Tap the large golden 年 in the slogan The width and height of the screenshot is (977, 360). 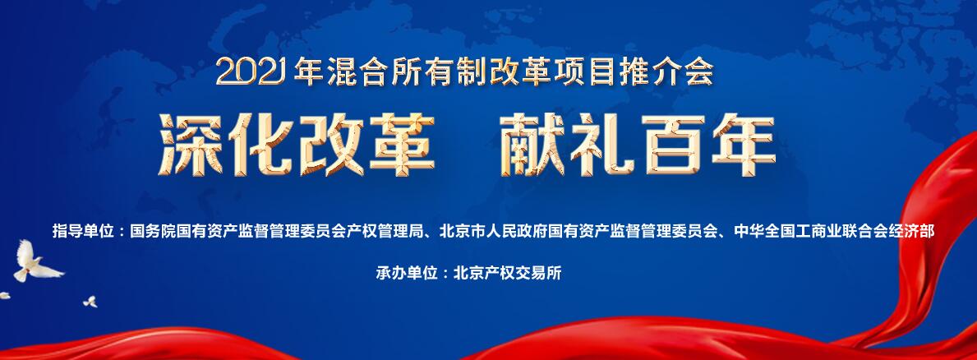744,145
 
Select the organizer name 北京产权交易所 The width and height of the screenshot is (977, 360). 508,273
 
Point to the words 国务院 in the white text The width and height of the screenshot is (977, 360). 152,232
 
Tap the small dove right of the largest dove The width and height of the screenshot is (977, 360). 91,302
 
